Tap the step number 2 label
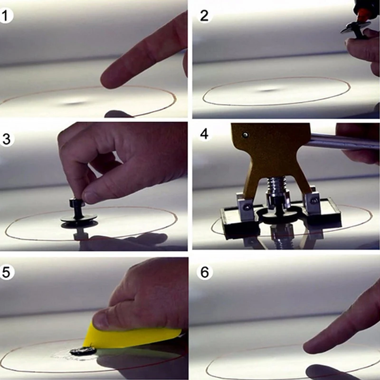[204, 16]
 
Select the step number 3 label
[6, 139]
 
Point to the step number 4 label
[204, 134]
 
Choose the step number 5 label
[6, 272]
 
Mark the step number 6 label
[205, 272]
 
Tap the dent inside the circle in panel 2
[269, 90]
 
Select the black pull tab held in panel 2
[355, 28]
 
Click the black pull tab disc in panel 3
[79, 218]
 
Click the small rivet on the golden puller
[246, 135]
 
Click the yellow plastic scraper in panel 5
[131, 336]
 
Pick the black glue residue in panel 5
[83, 351]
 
